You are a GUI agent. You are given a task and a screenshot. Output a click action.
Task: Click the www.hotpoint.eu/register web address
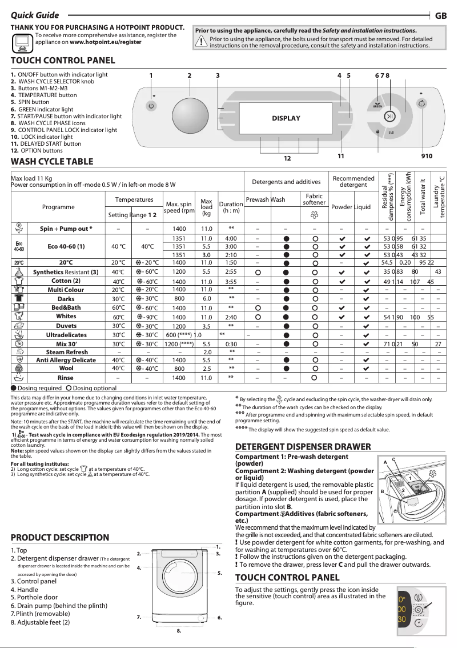pos(106,42)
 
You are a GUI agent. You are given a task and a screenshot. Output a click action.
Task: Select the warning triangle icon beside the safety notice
pos(201,41)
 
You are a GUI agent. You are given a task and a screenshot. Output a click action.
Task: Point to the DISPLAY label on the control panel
pos(286,118)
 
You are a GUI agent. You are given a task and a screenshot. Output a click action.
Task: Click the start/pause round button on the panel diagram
pos(389,117)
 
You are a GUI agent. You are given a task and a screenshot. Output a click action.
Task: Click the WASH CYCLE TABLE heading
pos(52,162)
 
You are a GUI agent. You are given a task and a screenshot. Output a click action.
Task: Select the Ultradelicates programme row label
pos(66,335)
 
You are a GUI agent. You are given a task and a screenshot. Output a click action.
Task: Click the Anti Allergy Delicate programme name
pos(66,361)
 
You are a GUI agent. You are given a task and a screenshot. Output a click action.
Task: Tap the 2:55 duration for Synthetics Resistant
pos(231,272)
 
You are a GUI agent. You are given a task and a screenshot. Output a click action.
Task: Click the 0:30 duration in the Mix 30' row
pos(231,344)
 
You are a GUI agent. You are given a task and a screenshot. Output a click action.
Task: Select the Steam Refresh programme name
pos(67,353)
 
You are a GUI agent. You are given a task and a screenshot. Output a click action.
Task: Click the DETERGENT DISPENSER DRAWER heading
pos(299,447)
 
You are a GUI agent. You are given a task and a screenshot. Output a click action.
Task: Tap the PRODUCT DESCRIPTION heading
pos(60,538)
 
